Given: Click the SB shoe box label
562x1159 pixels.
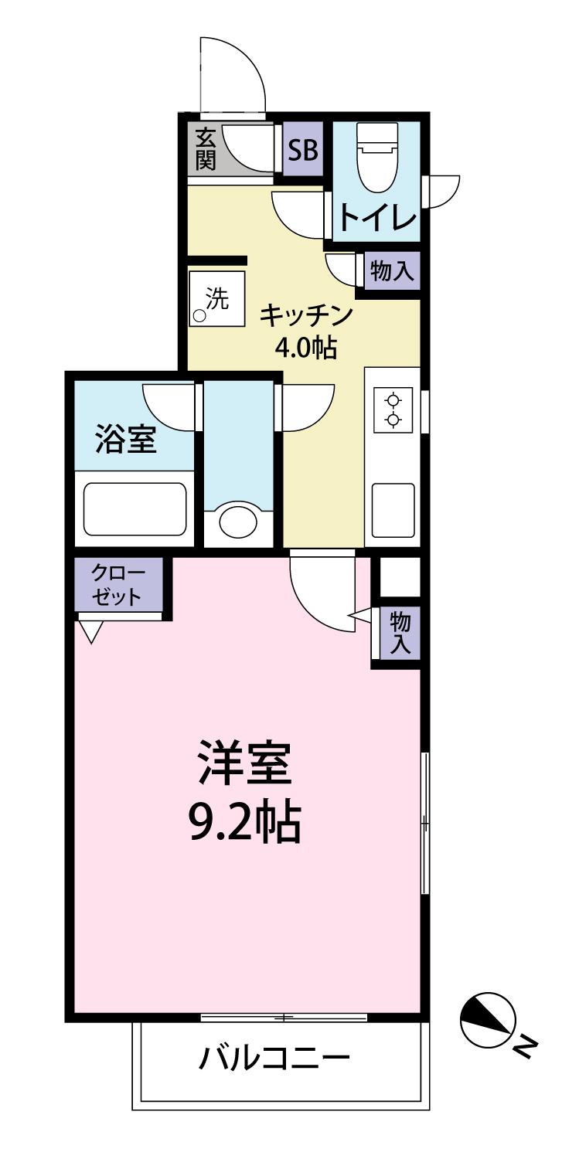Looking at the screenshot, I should [x=303, y=148].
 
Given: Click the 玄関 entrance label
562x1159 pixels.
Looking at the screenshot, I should [x=205, y=150].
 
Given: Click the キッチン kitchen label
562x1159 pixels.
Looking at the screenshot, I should [x=306, y=315].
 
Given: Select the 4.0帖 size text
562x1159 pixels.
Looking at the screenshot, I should [x=306, y=348].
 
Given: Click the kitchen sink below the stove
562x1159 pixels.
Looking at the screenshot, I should [x=393, y=509].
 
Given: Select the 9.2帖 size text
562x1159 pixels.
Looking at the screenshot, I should [x=244, y=823].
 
